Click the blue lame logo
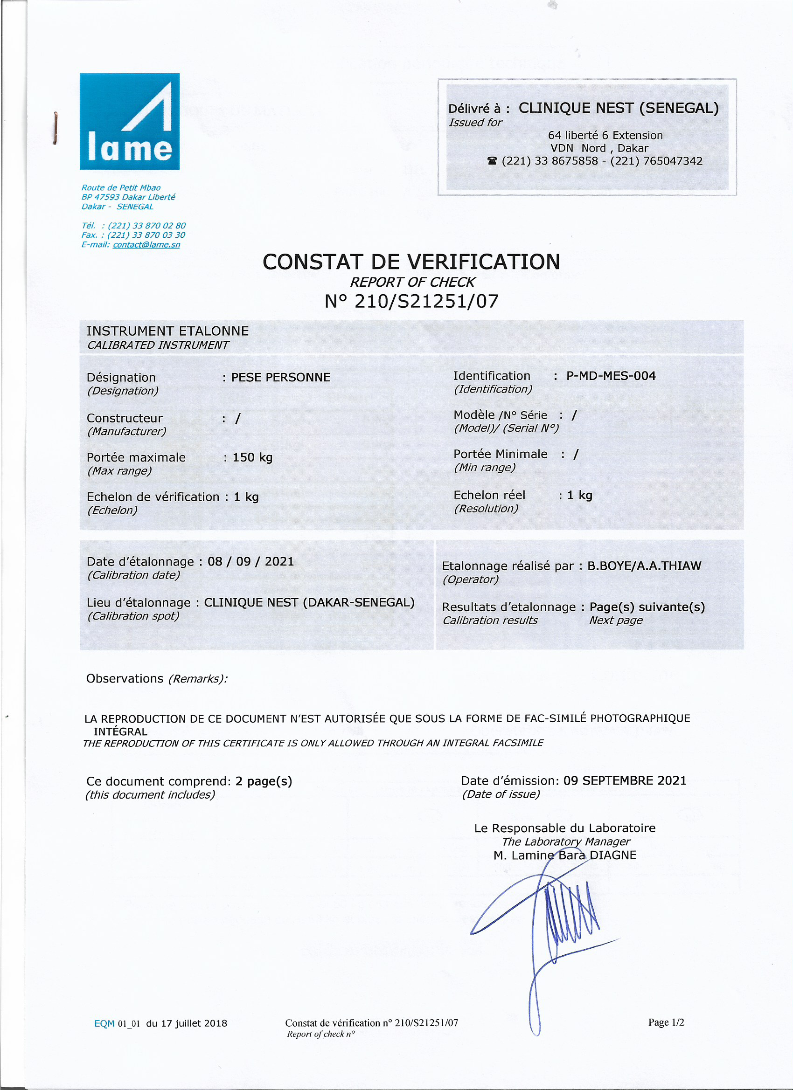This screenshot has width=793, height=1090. [x=129, y=121]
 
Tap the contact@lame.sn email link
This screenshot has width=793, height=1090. [x=146, y=245]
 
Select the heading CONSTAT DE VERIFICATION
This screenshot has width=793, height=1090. [x=411, y=262]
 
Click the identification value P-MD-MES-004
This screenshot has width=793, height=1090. [x=611, y=376]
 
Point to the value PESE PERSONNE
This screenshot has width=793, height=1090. [x=281, y=377]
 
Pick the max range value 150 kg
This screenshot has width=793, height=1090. [x=252, y=457]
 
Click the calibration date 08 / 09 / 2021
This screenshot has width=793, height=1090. [x=250, y=561]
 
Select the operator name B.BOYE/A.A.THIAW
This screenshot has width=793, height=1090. [x=644, y=566]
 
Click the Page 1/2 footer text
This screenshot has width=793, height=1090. [x=666, y=1022]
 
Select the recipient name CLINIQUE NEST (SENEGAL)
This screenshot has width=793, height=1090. [x=619, y=108]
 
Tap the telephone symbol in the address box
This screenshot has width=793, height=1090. [x=492, y=161]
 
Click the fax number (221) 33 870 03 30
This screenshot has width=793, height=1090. [x=146, y=235]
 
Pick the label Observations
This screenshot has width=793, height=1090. [x=125, y=678]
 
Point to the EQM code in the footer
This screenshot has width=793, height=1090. [x=117, y=1024]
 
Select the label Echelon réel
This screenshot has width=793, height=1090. [x=489, y=495]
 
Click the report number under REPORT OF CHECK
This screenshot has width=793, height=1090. [x=411, y=301]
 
